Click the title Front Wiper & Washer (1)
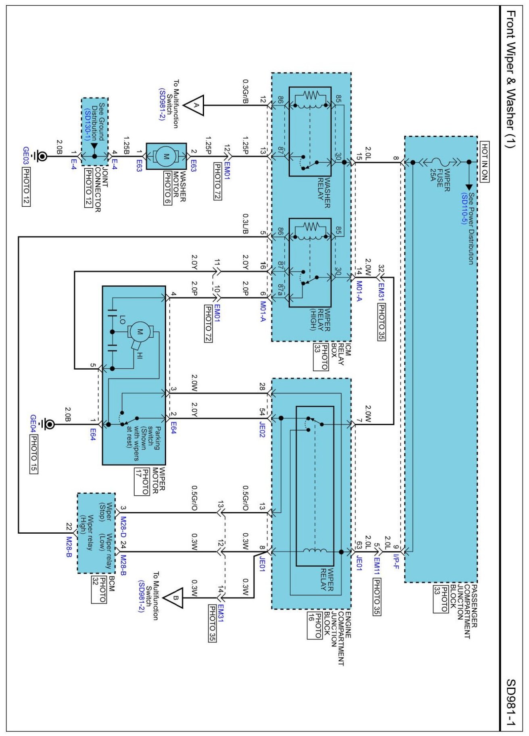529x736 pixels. coord(510,79)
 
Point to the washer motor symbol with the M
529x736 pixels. coord(166,156)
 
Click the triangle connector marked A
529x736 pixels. coord(194,106)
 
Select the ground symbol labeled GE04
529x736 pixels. coord(48,424)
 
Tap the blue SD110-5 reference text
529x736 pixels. coord(464,208)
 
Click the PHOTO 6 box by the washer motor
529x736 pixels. coord(167,188)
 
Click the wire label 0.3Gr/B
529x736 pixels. coord(245,91)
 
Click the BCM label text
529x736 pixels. coord(112,583)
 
